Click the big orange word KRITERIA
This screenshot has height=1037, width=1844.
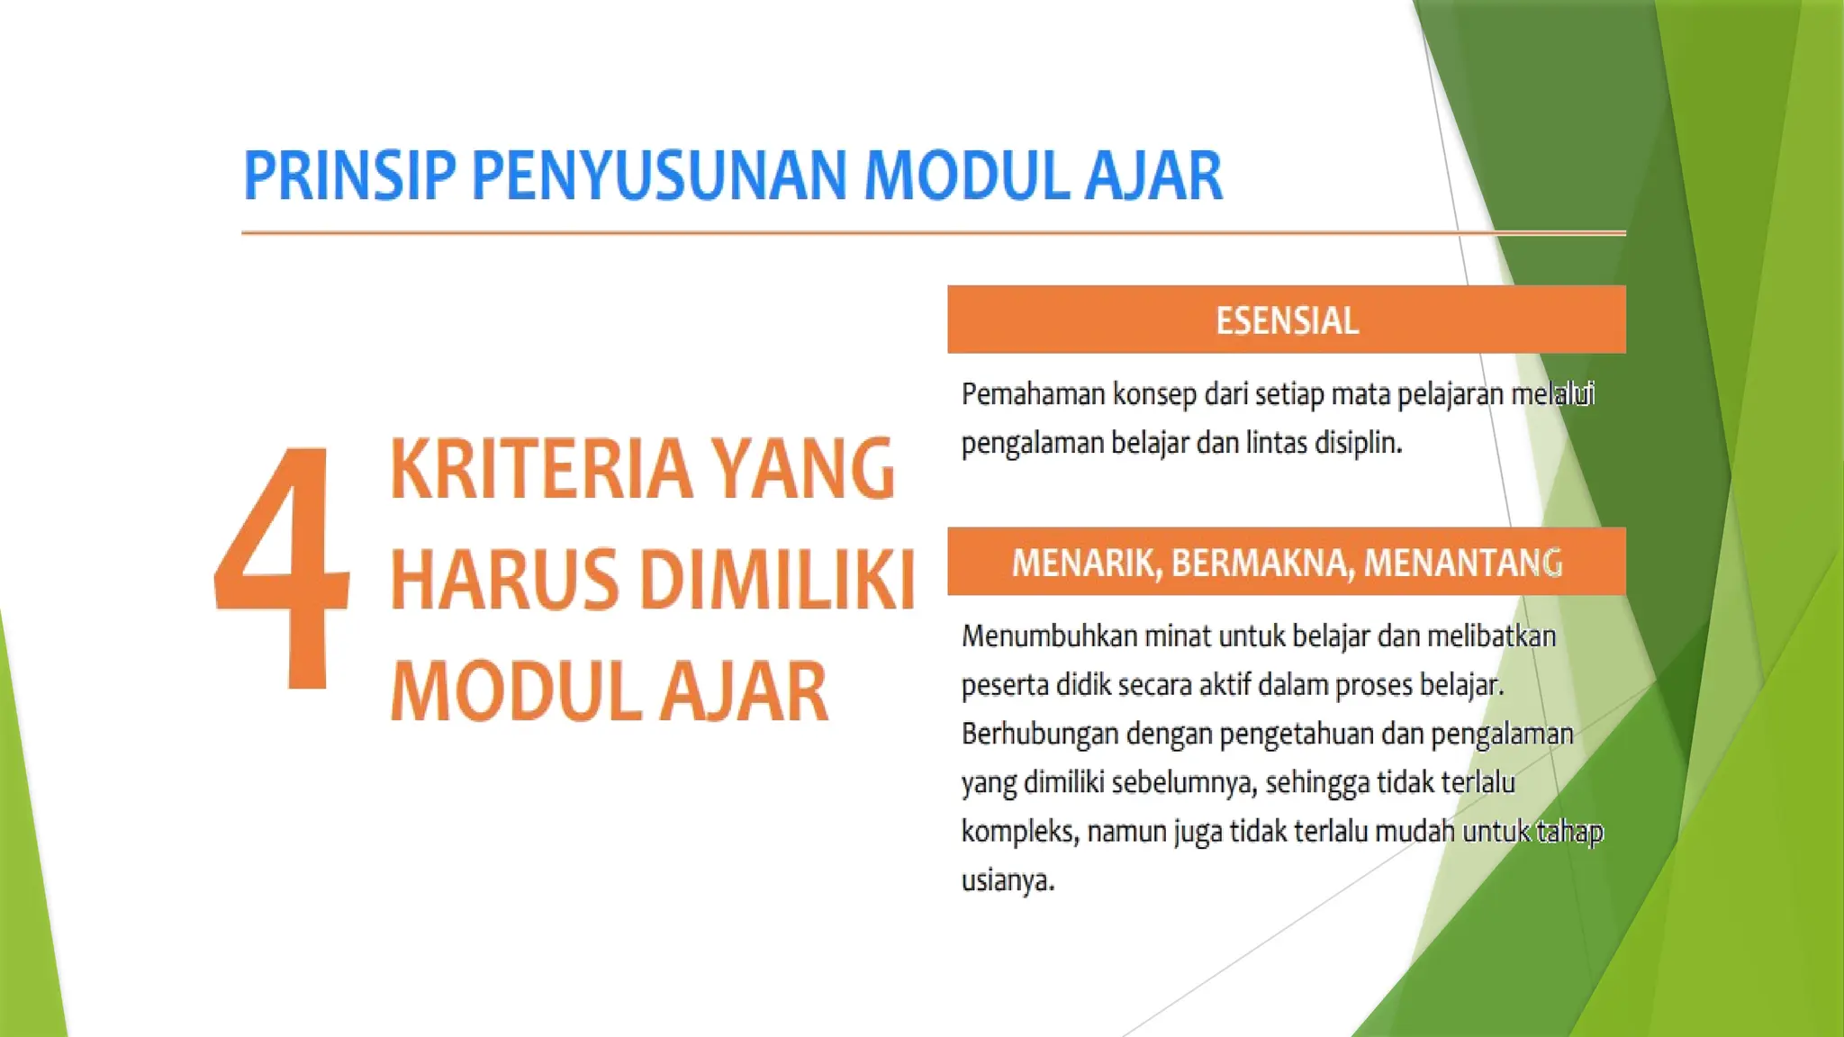540,469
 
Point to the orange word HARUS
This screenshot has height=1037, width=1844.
505,581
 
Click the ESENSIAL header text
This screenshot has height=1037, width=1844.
1287,321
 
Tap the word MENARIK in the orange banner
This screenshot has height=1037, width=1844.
1086,564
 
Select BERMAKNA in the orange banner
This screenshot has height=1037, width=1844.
1261,564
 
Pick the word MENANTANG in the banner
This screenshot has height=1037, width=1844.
1463,564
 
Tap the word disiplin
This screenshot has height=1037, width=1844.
1359,443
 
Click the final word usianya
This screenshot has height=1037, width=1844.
1008,879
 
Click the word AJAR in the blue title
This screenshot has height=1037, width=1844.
1153,176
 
